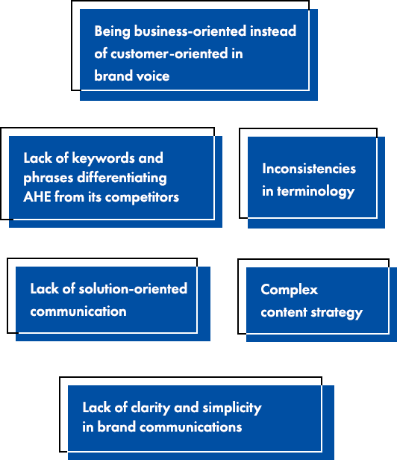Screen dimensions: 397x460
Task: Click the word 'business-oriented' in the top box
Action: [190, 31]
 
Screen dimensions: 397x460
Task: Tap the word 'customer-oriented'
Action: [169, 54]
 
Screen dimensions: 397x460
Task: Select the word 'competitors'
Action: [142, 197]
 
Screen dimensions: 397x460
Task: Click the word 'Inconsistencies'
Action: [309, 169]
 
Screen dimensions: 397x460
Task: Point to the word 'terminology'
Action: [316, 192]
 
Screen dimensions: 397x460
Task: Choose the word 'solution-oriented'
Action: [133, 289]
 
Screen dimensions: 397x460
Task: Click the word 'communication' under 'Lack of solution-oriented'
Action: [78, 311]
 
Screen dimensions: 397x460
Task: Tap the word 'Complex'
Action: [289, 290]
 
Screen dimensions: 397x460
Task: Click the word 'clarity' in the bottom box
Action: [151, 408]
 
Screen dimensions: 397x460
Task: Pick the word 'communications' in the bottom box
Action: [191, 427]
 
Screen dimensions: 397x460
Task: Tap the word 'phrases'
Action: [49, 178]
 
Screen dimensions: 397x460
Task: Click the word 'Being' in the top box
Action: [112, 31]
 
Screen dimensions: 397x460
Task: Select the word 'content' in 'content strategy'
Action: [284, 312]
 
